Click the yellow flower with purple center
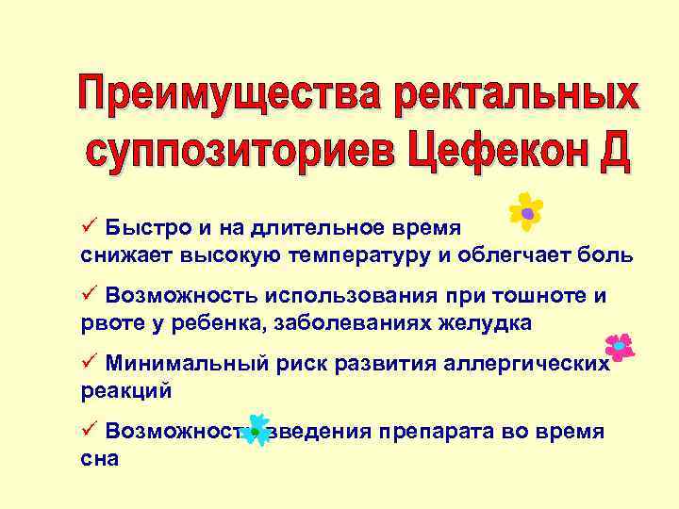click(526, 212)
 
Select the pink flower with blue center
click(619, 347)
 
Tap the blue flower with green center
click(255, 430)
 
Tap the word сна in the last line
click(100, 459)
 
